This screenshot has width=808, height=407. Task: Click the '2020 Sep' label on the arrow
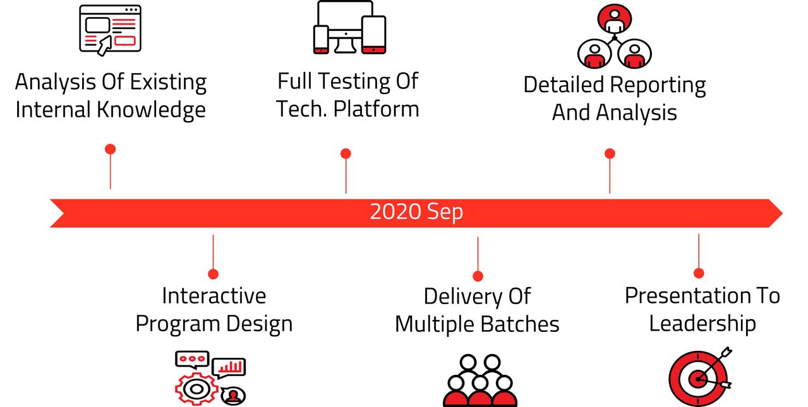(416, 212)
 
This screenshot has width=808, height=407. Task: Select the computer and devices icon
(349, 27)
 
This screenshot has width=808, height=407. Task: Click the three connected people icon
(614, 36)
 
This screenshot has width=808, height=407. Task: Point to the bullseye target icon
(700, 377)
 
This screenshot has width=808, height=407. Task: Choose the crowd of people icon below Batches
(480, 380)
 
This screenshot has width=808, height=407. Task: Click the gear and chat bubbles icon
(210, 378)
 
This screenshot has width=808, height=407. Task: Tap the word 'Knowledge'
(151, 110)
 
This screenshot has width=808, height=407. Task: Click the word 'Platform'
(377, 109)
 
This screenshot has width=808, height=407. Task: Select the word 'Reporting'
(658, 85)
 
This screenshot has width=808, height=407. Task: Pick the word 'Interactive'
(214, 296)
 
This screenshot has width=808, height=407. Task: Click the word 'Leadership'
(702, 324)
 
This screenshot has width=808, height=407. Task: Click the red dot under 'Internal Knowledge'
(110, 149)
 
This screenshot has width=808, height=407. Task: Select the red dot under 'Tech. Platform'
(346, 154)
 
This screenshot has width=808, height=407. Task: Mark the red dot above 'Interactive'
(213, 274)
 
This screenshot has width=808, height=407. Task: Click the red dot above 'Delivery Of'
(478, 276)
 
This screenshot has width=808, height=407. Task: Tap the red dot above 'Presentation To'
(699, 273)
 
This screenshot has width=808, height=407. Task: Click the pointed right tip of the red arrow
(782, 213)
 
